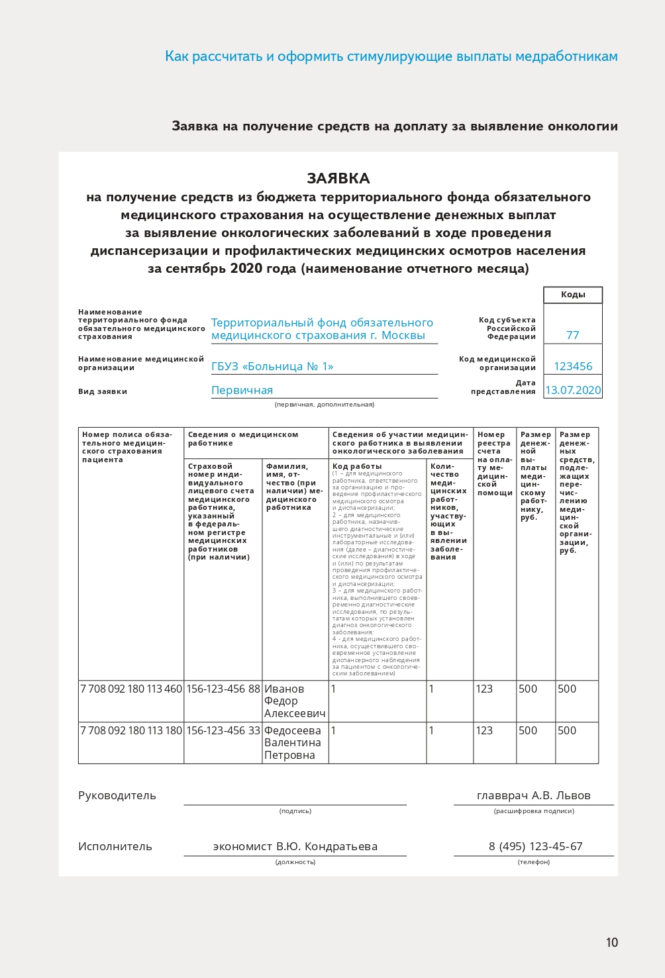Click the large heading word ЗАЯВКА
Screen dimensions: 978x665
338,178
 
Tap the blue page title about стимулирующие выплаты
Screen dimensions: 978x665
391,56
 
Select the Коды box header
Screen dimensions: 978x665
573,295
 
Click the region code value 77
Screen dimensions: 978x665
573,335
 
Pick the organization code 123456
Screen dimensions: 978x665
573,366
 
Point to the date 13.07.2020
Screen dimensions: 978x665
573,390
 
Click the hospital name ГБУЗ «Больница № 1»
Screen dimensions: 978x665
272,366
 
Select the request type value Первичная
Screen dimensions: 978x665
242,390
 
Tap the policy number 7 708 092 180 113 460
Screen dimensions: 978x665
131,689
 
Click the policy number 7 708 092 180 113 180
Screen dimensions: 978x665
131,730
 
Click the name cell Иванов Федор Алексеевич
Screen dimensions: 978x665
295,701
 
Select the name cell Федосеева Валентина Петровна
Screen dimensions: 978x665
293,743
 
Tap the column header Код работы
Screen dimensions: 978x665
357,466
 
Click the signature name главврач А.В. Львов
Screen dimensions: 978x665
533,795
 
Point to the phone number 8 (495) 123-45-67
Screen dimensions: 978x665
535,846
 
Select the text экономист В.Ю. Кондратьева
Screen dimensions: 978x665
295,846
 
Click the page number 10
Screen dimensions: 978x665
611,942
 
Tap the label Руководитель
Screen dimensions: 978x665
117,795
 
